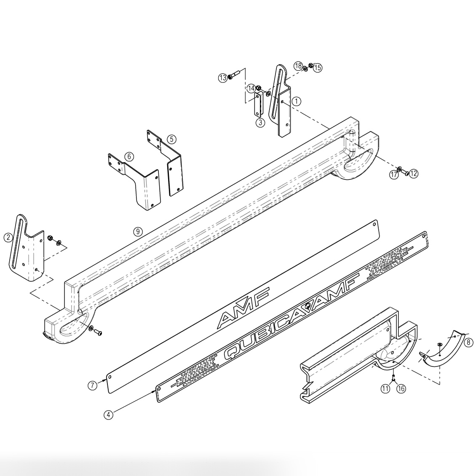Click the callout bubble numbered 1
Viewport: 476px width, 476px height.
(297, 101)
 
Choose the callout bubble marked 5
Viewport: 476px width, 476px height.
(171, 139)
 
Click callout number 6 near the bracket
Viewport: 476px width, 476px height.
(129, 156)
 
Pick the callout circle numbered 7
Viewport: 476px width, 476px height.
(93, 385)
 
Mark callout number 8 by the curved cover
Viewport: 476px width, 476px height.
(468, 342)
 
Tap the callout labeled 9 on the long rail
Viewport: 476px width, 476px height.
(137, 231)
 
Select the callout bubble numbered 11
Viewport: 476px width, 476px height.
(385, 389)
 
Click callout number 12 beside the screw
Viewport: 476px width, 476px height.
(414, 173)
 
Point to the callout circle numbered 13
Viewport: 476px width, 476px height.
(222, 78)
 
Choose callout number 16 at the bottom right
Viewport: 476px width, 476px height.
(401, 389)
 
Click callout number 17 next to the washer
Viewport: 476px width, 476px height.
(394, 175)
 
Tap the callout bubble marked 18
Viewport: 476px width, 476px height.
(298, 66)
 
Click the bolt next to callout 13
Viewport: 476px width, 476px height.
(234, 75)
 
